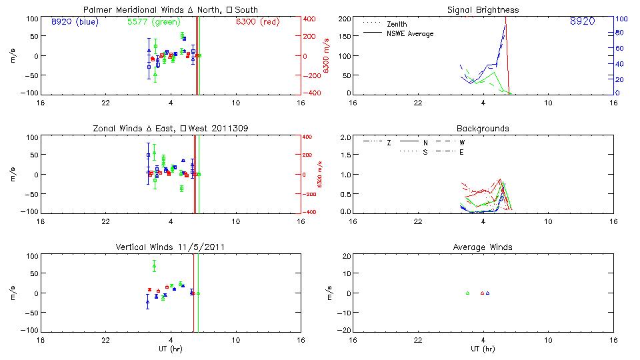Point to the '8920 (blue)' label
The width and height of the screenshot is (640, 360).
[x=74, y=21]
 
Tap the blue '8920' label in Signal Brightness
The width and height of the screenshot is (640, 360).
[x=582, y=21]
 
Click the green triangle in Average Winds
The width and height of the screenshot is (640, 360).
[x=467, y=293]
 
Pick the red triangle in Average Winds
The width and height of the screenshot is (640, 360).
[x=482, y=293]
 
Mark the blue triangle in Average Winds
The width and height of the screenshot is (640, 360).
[x=488, y=293]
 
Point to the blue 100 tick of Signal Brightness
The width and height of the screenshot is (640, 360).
[x=620, y=19]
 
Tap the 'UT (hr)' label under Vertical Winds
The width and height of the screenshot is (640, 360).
[x=171, y=349]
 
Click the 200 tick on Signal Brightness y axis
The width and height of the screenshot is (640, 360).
[x=343, y=19]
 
